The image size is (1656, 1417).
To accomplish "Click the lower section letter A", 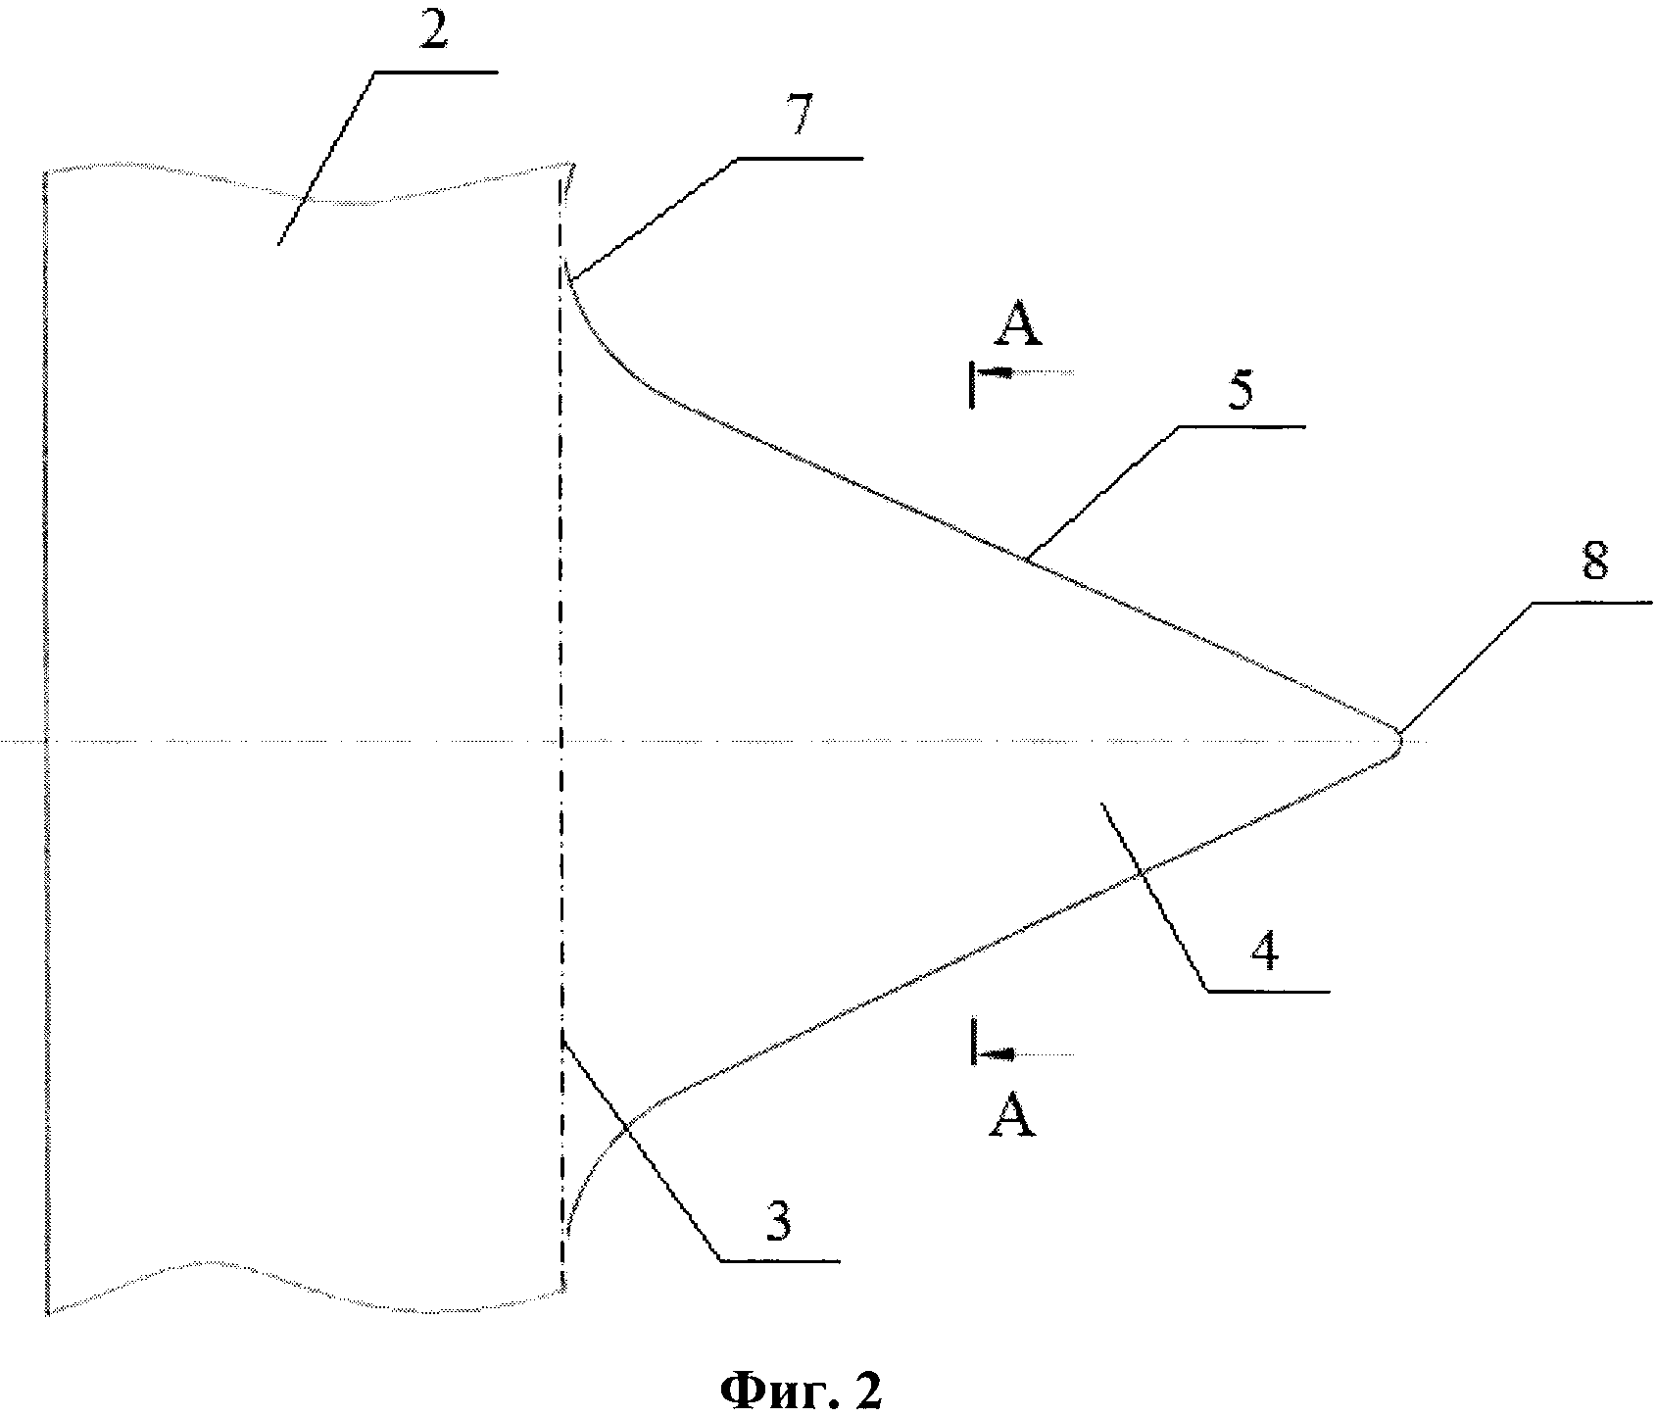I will pos(1012,1116).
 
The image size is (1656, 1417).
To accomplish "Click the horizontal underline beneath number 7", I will pos(799,158).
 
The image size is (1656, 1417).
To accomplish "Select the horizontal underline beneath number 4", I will pos(1267,992).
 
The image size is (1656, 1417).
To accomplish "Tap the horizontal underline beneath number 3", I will pos(780,1260).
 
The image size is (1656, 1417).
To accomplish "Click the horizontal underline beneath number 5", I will pos(1242,427).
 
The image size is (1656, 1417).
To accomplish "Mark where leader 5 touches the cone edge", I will pos(1025,559).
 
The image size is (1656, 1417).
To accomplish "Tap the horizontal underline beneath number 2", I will pos(434,73).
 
